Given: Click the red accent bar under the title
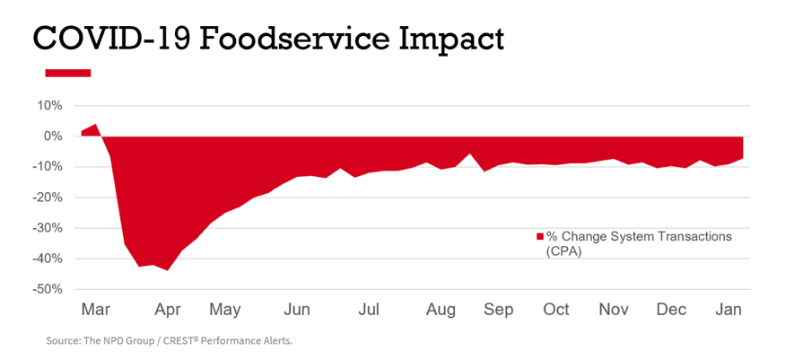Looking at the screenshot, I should point(67,73).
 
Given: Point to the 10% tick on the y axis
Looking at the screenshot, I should point(48,106).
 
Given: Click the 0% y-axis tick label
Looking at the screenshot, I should point(52,136).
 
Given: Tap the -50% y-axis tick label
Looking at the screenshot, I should point(47,289).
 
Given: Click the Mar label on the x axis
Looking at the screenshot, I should point(95,310).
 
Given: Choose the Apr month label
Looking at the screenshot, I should point(168,310).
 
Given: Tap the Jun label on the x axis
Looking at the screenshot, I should point(297,310).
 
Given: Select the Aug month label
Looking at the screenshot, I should point(441,310).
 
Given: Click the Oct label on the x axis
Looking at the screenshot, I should point(556,310).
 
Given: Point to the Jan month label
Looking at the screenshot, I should point(728,310).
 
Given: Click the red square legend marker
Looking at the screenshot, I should point(540,237).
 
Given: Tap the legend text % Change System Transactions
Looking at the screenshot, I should point(639,237).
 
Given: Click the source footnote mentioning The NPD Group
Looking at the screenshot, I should point(170,341).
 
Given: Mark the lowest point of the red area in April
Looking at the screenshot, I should point(167,269).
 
